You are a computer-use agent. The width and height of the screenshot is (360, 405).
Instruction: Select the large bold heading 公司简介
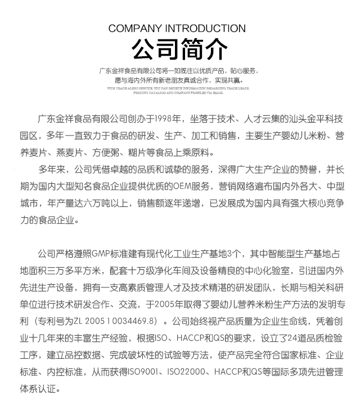tap(180, 49)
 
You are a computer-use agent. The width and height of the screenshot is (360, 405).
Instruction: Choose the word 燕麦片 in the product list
tap(70, 152)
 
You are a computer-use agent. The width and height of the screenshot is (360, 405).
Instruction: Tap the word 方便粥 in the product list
tap(107, 152)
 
